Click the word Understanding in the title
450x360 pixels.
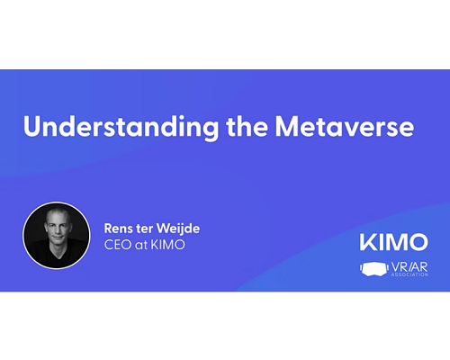click(121, 127)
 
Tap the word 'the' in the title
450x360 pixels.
click(247, 126)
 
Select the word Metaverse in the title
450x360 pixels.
click(345, 127)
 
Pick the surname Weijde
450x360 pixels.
click(178, 229)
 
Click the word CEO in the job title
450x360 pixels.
click(118, 245)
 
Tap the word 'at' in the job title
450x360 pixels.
click(141, 246)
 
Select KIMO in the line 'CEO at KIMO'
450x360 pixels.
click(167, 245)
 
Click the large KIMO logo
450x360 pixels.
click(394, 242)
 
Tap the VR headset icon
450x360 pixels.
click(373, 269)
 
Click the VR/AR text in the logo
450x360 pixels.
click(409, 267)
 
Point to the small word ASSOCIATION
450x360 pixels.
click(409, 274)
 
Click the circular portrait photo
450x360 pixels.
click(57, 235)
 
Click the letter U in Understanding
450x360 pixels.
click(32, 127)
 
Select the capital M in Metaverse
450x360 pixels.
click(287, 127)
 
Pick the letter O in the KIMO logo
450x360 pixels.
click(418, 242)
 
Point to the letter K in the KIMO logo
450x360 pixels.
click(367, 242)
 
